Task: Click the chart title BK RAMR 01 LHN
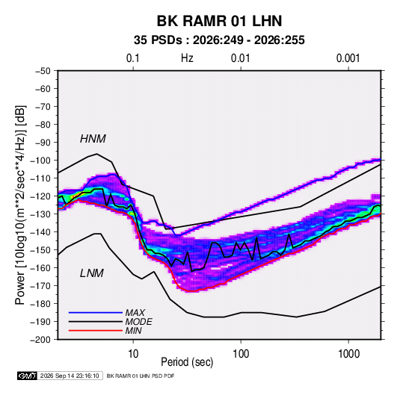tap(219, 21)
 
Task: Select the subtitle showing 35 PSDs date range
tap(219, 40)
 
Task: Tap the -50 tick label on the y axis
tap(43, 71)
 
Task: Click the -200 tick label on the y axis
tap(40, 340)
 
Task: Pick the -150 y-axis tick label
tap(40, 250)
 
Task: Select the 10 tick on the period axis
tap(133, 354)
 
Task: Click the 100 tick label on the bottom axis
tap(241, 354)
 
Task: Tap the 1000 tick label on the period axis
tap(348, 354)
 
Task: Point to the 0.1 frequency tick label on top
tap(133, 58)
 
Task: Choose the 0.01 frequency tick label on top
tap(240, 58)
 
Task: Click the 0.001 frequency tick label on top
tap(348, 58)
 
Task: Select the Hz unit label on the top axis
tap(187, 58)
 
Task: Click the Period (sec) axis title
tap(187, 362)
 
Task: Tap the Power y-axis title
tap(20, 205)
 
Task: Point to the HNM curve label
tap(93, 139)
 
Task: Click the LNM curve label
tap(91, 273)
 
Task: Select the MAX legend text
tap(135, 313)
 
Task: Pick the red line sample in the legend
tap(96, 331)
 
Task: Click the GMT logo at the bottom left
tap(27, 376)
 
